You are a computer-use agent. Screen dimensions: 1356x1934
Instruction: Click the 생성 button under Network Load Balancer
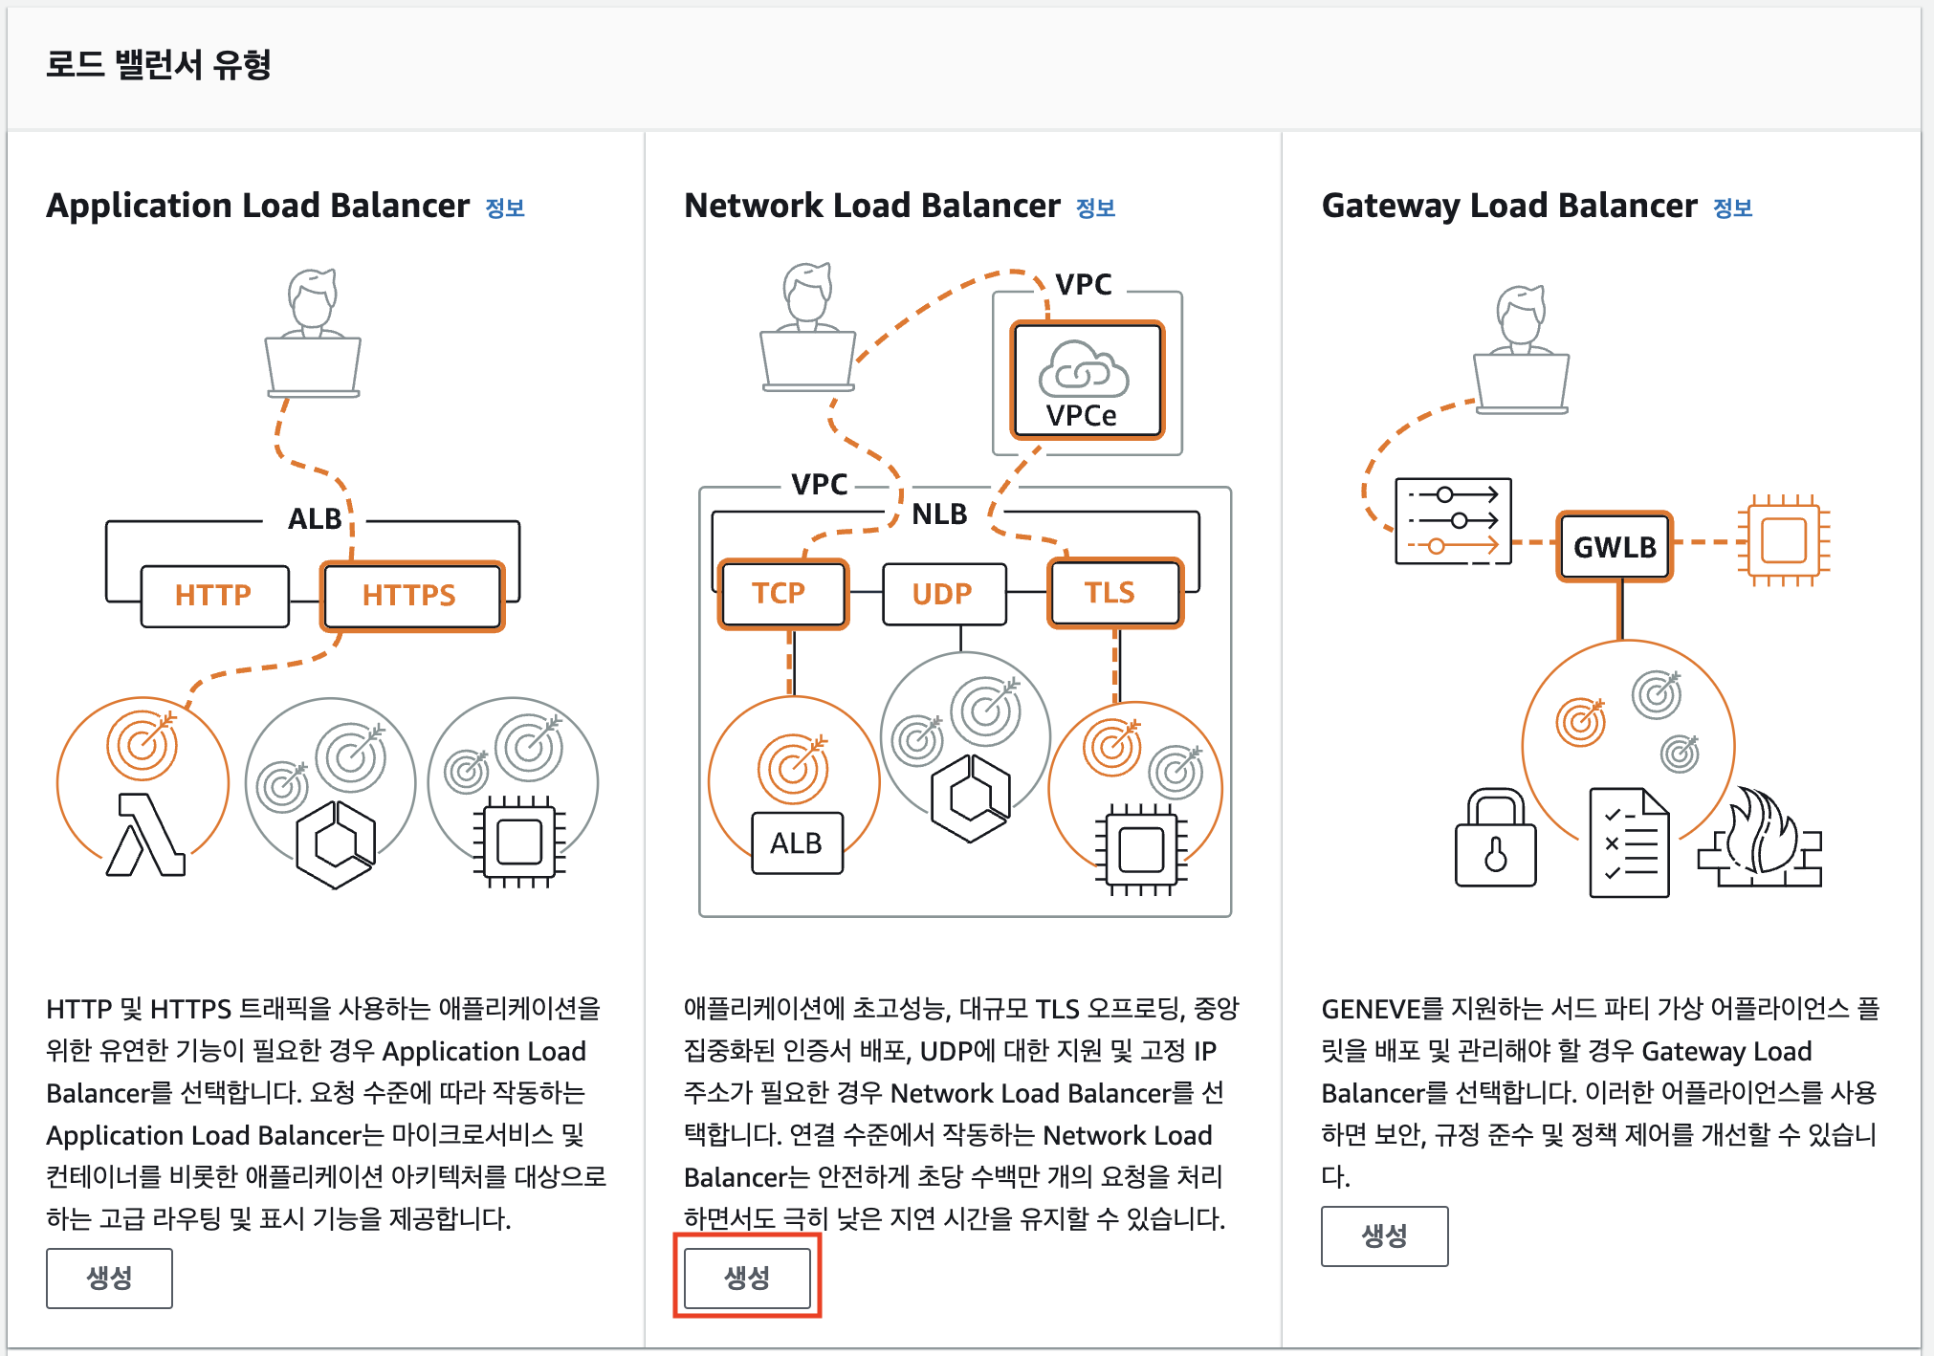click(747, 1278)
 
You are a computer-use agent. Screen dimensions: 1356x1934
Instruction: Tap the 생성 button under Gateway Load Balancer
click(1384, 1236)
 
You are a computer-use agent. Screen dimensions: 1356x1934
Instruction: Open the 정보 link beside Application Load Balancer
click(505, 208)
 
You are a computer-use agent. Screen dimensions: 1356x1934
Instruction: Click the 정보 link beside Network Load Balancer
click(1095, 208)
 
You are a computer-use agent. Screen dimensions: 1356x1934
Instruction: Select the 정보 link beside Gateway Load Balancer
click(1732, 208)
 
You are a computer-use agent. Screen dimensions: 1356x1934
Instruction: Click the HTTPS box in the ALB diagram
click(411, 596)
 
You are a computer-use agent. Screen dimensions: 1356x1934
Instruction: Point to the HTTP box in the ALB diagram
click(214, 596)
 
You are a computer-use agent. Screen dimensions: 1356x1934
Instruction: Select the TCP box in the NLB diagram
click(782, 594)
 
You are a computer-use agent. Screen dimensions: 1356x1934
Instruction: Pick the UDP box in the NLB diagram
click(943, 594)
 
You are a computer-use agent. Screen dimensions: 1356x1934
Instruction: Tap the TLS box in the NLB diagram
click(1114, 594)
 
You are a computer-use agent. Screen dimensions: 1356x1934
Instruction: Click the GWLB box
click(1615, 547)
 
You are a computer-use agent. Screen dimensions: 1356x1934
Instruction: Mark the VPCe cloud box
click(1087, 381)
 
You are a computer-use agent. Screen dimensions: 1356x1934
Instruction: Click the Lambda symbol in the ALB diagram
click(145, 836)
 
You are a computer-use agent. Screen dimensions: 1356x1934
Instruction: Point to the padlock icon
click(1495, 840)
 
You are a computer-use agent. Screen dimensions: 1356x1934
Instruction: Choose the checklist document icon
click(1629, 842)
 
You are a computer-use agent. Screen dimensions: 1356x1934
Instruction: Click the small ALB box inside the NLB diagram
click(797, 842)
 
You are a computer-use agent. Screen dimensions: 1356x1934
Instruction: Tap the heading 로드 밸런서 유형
click(159, 65)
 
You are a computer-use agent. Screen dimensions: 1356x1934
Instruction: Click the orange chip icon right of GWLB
click(1783, 541)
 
